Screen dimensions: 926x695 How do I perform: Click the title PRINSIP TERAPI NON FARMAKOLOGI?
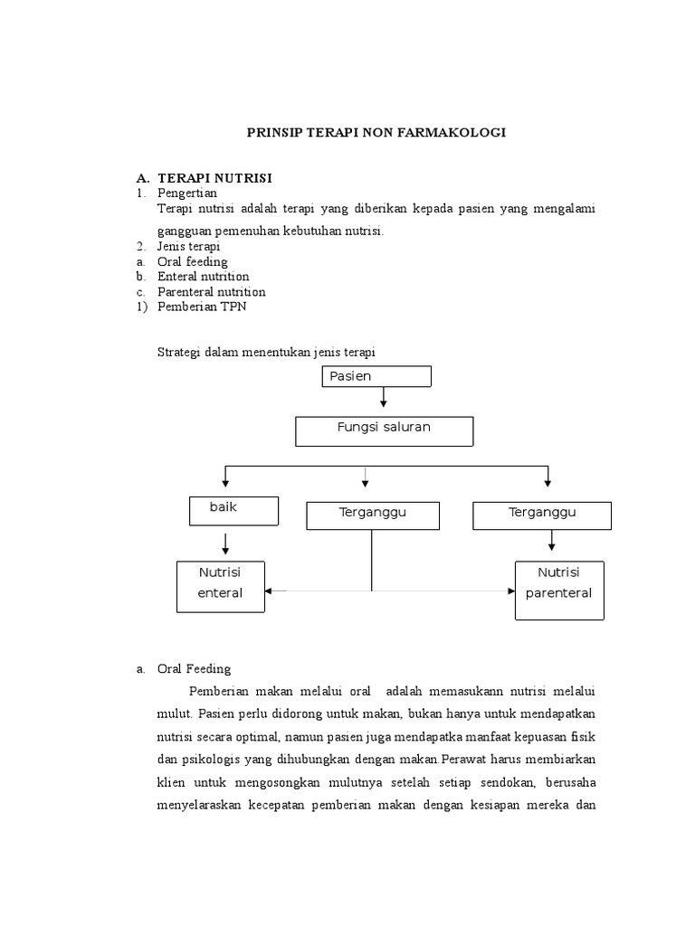click(376, 132)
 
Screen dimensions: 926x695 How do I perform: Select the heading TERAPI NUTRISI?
click(214, 178)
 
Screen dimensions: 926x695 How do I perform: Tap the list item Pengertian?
click(187, 193)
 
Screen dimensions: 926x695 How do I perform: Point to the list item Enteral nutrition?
click(203, 277)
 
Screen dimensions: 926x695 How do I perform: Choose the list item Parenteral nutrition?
click(211, 292)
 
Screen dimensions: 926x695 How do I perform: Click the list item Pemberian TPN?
click(201, 307)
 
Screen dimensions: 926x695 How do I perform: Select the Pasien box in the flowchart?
click(376, 376)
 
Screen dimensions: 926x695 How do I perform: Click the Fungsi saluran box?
click(384, 430)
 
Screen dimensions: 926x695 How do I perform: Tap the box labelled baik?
click(234, 510)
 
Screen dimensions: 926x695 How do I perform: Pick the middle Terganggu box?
click(373, 515)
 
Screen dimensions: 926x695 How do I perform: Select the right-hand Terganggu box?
click(541, 515)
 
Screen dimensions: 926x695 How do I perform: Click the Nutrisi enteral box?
click(221, 585)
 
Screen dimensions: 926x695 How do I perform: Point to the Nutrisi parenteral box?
click(558, 590)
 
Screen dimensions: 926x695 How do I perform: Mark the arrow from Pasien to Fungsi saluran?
click(384, 397)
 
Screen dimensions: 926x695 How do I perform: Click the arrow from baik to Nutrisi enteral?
click(225, 543)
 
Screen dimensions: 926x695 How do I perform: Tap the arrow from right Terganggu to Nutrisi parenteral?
click(552, 541)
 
